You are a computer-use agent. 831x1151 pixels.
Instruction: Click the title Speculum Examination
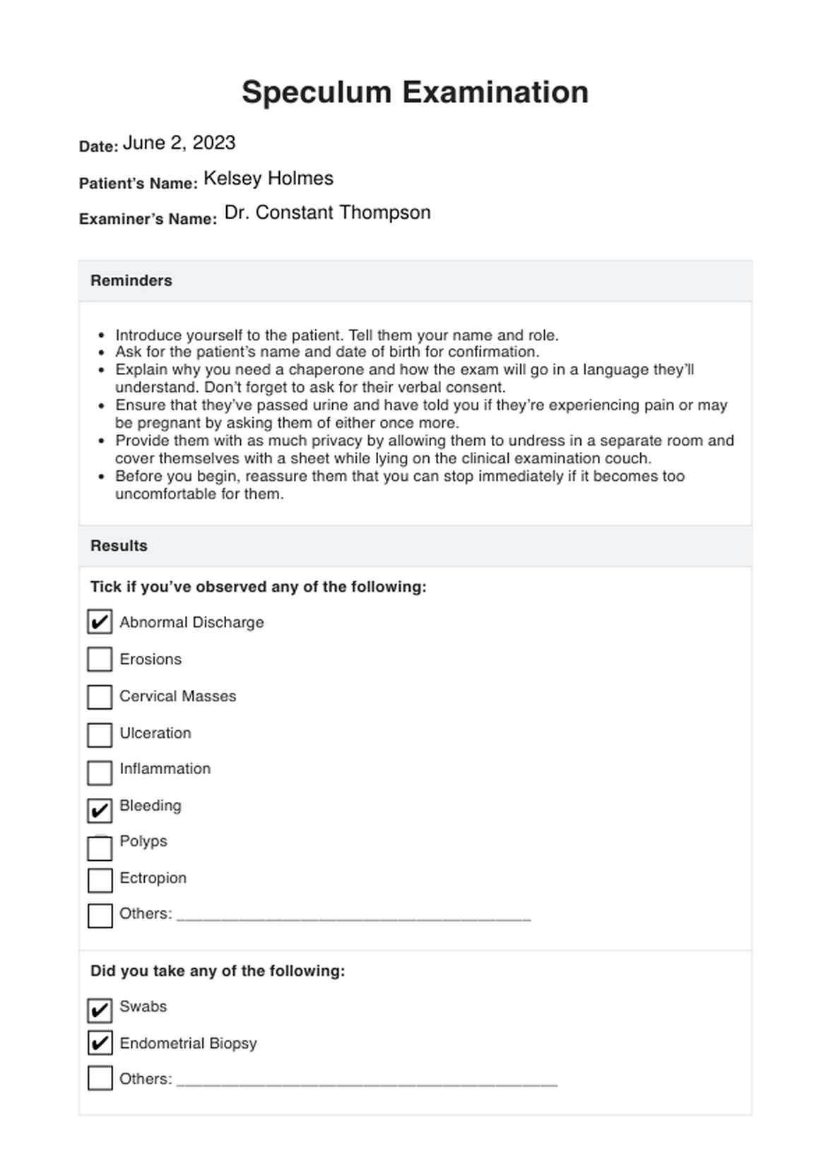415,93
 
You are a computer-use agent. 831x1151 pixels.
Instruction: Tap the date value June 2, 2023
179,143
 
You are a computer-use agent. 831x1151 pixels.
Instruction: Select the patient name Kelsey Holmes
268,179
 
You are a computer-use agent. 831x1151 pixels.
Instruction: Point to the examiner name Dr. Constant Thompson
327,213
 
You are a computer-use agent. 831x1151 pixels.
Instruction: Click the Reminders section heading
131,280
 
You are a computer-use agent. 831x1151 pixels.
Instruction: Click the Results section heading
119,546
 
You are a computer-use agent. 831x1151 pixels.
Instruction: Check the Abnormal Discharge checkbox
100,622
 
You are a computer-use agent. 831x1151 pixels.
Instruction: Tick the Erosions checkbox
100,660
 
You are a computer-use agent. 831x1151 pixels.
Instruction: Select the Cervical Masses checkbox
100,697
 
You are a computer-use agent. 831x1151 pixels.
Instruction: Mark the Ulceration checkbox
100,734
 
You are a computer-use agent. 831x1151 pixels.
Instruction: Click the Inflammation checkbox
100,773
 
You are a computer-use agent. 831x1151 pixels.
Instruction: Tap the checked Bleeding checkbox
100,810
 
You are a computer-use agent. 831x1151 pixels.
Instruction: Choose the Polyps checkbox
100,847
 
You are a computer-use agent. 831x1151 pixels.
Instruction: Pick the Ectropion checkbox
100,881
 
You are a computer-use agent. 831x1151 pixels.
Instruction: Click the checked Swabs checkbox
100,1010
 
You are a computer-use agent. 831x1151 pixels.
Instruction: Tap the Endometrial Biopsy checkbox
100,1043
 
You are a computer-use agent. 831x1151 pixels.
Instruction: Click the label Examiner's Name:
148,219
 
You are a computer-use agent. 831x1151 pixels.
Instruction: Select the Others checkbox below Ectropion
100,916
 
